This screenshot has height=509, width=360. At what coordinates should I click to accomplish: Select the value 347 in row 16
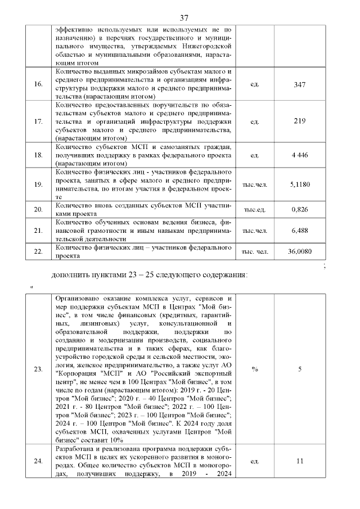tap(299, 84)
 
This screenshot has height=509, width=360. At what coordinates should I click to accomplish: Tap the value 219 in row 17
tap(299, 121)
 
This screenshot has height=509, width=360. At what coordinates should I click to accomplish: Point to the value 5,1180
tap(299, 184)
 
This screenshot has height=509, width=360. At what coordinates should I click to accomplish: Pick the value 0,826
tap(299, 209)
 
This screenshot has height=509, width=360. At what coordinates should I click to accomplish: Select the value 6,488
tap(299, 231)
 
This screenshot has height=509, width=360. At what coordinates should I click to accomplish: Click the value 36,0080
tap(299, 252)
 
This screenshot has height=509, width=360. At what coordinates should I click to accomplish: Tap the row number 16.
tap(39, 84)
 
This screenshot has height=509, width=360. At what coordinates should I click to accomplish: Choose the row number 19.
tap(39, 184)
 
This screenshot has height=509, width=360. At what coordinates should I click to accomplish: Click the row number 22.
tap(39, 252)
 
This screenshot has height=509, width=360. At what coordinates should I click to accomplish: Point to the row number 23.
tap(39, 370)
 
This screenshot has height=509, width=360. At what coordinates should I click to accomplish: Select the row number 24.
tap(39, 461)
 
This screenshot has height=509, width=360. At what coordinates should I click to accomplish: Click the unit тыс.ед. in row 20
tap(254, 209)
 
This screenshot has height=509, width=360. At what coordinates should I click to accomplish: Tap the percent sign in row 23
tap(254, 370)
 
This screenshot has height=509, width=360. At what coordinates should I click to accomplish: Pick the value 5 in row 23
tap(299, 370)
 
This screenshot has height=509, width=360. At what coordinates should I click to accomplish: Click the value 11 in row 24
tap(299, 461)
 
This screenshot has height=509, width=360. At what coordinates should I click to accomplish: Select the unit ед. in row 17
tap(254, 121)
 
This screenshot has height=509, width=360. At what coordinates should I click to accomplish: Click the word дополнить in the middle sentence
tap(70, 275)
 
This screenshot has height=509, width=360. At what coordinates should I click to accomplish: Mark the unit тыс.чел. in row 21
tap(254, 231)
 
